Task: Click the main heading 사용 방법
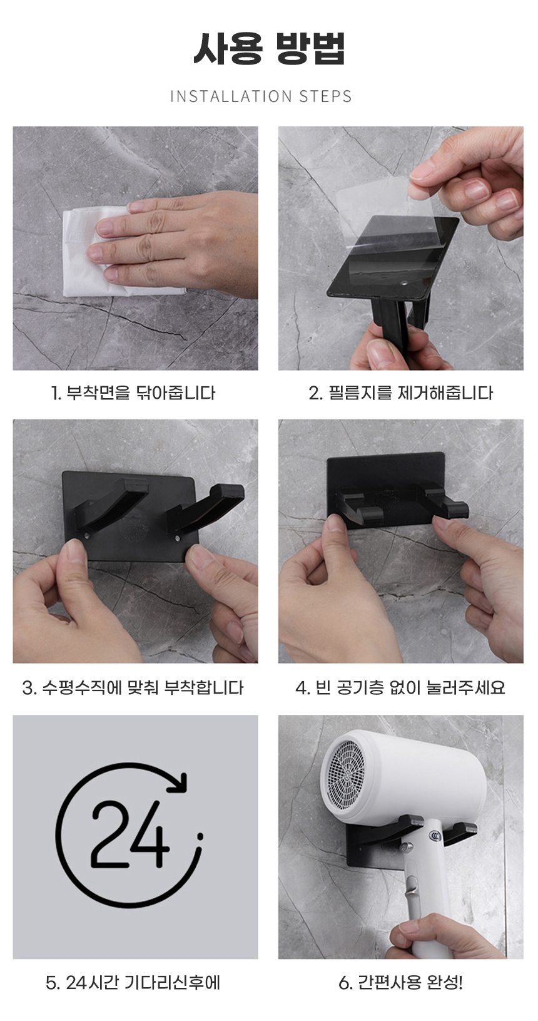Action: (269, 48)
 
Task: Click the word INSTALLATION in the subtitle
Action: (231, 96)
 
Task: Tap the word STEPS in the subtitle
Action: (325, 96)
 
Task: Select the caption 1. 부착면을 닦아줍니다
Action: (133, 393)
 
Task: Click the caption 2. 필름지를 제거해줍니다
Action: (400, 393)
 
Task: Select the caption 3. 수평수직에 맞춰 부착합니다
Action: (133, 687)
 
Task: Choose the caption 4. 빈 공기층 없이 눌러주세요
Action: (400, 687)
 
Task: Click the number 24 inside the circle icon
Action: (130, 836)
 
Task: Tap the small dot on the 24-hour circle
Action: (200, 836)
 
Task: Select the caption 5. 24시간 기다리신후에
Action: (133, 983)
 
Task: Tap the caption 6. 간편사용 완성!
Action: (400, 983)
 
